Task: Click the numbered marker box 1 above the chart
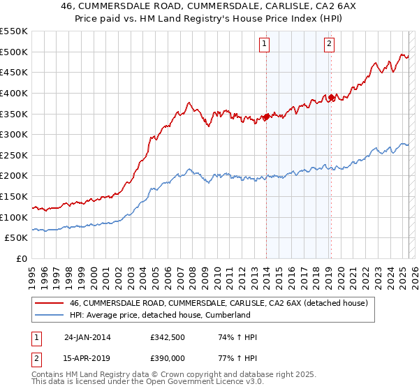coord(265,44)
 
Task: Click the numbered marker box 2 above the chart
coord(329,44)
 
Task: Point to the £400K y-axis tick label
coord(14,93)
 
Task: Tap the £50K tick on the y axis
coord(17,238)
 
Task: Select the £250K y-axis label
coord(14,155)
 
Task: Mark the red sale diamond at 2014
coord(266,117)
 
